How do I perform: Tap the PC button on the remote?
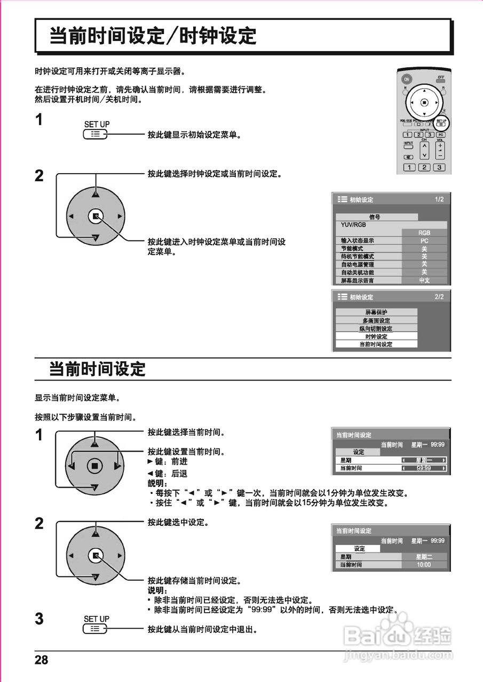click(x=441, y=135)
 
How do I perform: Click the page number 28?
click(x=42, y=660)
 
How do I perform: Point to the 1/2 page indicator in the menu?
click(x=439, y=199)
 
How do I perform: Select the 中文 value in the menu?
click(x=424, y=280)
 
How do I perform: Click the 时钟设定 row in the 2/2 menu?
click(x=376, y=336)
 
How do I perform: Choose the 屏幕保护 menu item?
click(x=376, y=312)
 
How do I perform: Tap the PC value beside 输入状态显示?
click(x=424, y=240)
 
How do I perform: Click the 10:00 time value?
click(x=424, y=564)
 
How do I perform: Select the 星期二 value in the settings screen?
click(x=424, y=556)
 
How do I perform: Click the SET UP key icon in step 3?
click(x=96, y=629)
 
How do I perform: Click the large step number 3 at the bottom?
click(x=39, y=619)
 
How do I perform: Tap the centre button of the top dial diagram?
click(x=95, y=216)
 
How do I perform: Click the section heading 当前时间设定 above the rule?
click(x=97, y=369)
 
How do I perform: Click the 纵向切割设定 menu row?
click(x=376, y=328)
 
